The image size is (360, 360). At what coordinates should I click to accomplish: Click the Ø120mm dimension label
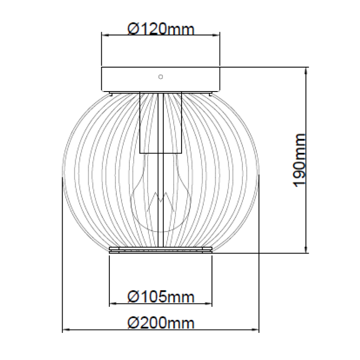pyautogui.click(x=161, y=29)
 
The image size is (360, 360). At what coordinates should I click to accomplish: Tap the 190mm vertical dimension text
pyautogui.click(x=300, y=160)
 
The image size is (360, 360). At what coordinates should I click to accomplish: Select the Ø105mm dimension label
pyautogui.click(x=161, y=296)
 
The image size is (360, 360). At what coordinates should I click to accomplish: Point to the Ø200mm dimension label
pyautogui.click(x=161, y=323)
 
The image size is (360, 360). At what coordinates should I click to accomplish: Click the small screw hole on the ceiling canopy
pyautogui.click(x=161, y=77)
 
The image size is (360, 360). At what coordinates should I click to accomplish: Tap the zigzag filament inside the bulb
pyautogui.click(x=161, y=201)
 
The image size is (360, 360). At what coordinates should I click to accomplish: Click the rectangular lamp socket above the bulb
pyautogui.click(x=161, y=123)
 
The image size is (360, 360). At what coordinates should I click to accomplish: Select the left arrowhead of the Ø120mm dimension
pyautogui.click(x=105, y=35)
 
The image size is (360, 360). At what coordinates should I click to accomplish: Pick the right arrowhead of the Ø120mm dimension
pyautogui.click(x=216, y=35)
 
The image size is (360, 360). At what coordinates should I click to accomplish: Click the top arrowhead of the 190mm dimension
pyautogui.click(x=305, y=71)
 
